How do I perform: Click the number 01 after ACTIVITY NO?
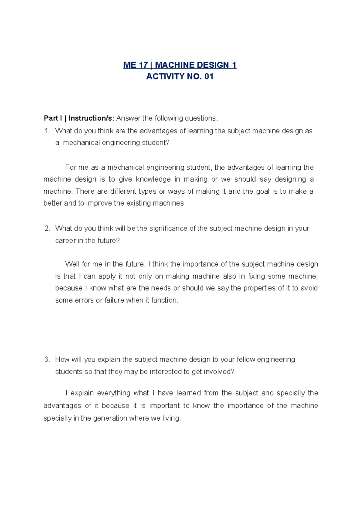[x=209, y=77]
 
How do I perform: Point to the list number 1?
[x=46, y=131]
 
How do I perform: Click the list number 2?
[x=47, y=228]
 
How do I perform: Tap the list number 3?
[x=47, y=359]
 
